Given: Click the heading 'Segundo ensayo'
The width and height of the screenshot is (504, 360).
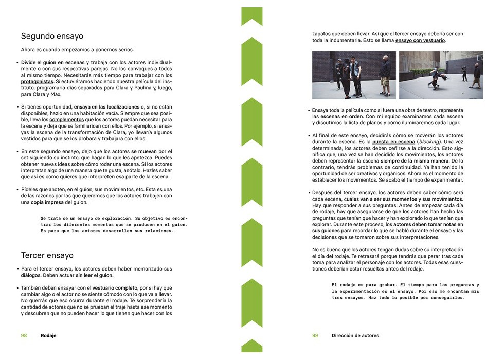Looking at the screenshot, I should pyautogui.click(x=52, y=37).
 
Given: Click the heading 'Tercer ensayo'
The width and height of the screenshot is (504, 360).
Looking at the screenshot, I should pyautogui.click(x=47, y=255).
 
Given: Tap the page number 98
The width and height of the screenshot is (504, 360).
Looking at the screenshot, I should pyautogui.click(x=24, y=335).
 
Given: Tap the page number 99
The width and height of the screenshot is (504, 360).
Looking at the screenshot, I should pyautogui.click(x=315, y=335).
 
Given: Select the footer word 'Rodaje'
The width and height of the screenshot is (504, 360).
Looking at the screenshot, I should pyautogui.click(x=48, y=335).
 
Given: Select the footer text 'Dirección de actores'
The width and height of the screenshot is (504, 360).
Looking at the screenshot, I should pyautogui.click(x=355, y=335).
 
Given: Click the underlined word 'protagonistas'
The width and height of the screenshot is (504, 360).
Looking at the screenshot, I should pyautogui.click(x=37, y=81).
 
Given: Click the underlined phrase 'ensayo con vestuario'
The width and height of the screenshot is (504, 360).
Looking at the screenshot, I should pyautogui.click(x=420, y=40).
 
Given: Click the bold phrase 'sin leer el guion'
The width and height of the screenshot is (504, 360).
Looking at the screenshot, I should pyautogui.click(x=95, y=275).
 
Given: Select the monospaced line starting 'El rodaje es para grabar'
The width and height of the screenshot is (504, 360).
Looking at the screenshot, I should pyautogui.click(x=405, y=285).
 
